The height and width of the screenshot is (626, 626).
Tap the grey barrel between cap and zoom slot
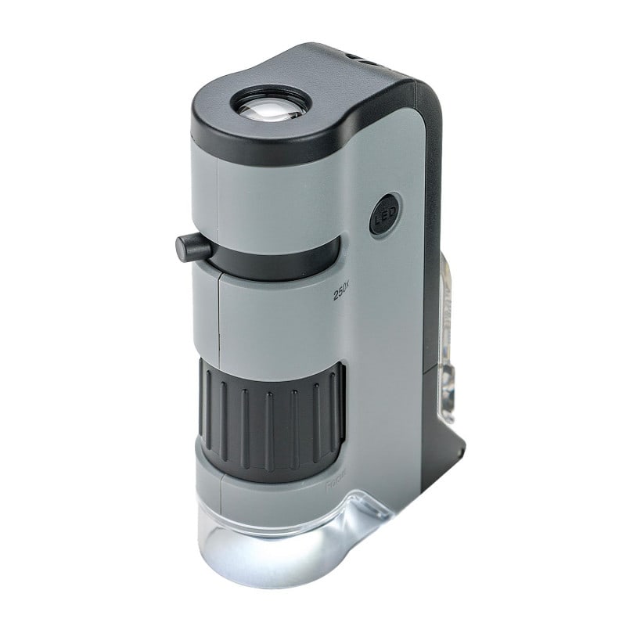(x=266, y=188)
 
